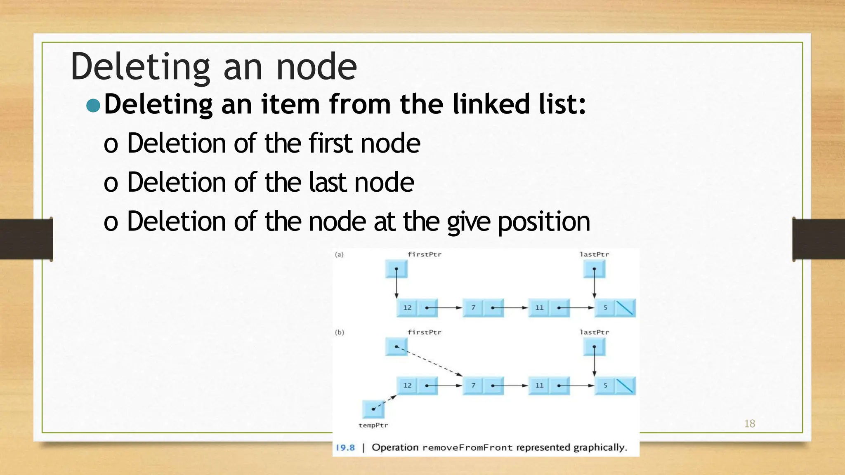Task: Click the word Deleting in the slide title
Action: [x=141, y=67]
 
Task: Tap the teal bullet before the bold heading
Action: [x=93, y=106]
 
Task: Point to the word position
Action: [x=544, y=222]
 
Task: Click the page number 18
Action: [x=749, y=423]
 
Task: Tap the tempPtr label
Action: [x=373, y=425]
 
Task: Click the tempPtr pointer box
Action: [x=373, y=409]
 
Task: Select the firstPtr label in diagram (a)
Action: [x=424, y=254]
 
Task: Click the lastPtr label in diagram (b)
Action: [x=594, y=332]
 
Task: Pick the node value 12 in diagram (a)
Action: [x=407, y=308]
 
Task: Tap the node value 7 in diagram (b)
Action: [x=473, y=386]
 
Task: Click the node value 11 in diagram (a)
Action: [x=539, y=308]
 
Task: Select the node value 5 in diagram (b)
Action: [x=605, y=386]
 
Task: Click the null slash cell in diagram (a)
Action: [x=625, y=308]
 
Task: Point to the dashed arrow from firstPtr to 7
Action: [x=429, y=361]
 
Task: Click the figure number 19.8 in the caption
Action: [x=345, y=448]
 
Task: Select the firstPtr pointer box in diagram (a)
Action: [x=396, y=269]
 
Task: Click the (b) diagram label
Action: [x=339, y=332]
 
